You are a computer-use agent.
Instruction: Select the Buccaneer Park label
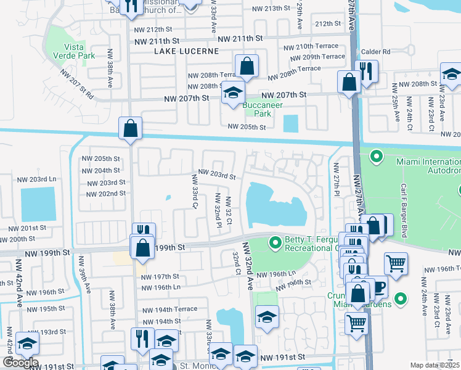pos(263,109)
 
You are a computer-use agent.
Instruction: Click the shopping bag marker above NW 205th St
pos(131,129)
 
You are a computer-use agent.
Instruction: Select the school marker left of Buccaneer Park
pos(232,93)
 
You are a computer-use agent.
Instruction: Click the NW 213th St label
pos(271,8)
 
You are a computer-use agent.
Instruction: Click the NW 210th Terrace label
pos(311,47)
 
